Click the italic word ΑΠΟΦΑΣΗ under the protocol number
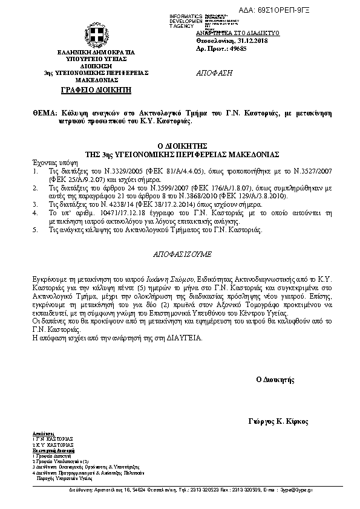[x=215, y=73]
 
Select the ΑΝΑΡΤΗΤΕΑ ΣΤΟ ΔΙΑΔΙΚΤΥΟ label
[x=229, y=32]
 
